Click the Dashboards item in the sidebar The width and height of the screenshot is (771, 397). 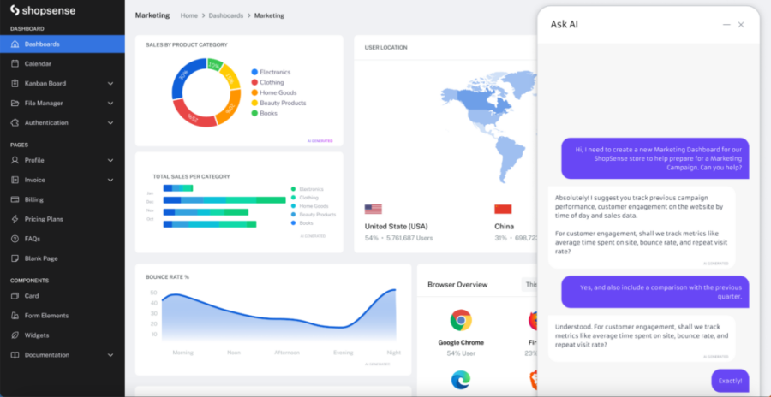(41, 44)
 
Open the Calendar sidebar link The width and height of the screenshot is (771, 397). (37, 63)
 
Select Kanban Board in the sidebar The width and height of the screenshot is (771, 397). (45, 83)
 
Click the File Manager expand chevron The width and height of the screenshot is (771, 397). (111, 103)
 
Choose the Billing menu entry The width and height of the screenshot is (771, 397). (33, 199)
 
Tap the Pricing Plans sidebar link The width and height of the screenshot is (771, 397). (43, 219)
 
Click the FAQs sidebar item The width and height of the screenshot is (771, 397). (32, 239)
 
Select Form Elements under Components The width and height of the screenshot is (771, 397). (46, 316)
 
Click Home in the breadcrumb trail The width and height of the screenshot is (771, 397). (188, 15)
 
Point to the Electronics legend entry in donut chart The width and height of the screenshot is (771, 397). (274, 73)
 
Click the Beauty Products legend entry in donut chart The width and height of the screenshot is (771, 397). (282, 103)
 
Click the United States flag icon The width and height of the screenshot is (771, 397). (373, 209)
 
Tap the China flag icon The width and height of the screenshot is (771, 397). (503, 209)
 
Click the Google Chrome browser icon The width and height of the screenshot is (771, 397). (461, 321)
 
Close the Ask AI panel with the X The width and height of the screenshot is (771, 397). (741, 25)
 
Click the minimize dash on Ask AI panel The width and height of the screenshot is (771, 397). (726, 25)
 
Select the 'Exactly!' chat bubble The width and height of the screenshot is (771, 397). (730, 381)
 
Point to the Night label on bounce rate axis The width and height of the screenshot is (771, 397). (393, 353)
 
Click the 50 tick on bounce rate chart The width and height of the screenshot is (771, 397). (153, 293)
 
